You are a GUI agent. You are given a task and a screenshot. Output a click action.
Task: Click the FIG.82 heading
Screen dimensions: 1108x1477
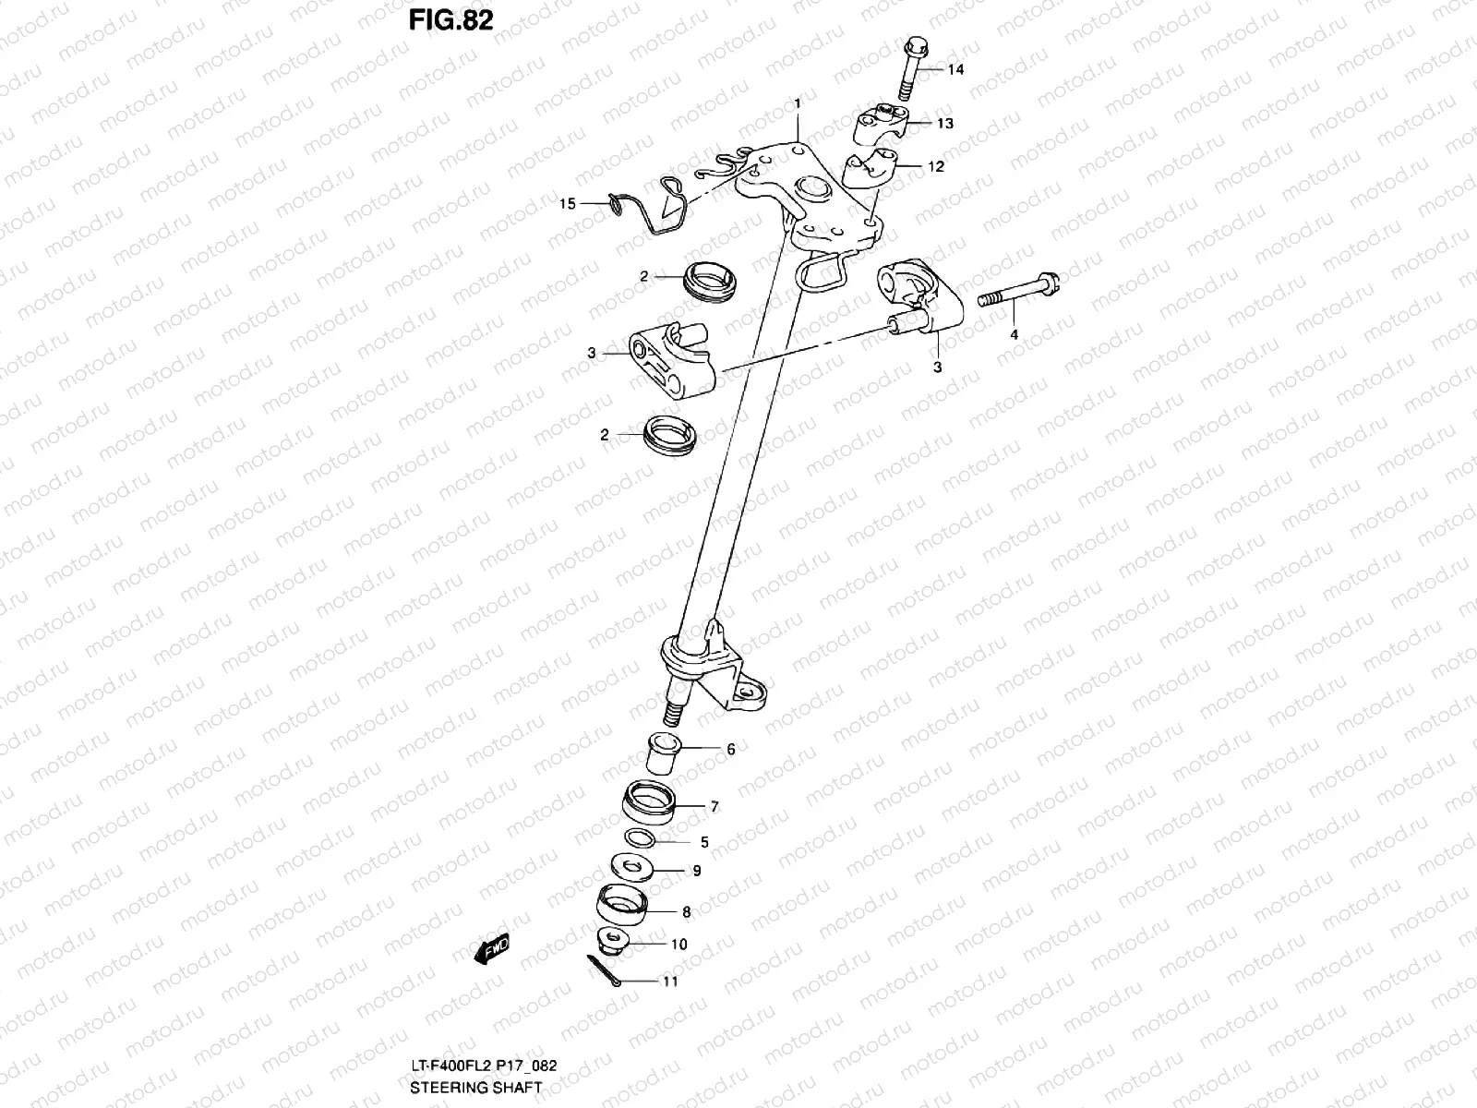point(451,19)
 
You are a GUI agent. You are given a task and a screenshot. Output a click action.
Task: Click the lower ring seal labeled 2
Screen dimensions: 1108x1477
point(669,433)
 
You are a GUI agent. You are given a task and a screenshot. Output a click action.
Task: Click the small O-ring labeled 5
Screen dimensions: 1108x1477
point(642,840)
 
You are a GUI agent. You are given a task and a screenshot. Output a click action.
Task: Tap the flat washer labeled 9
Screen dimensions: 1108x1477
point(631,867)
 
